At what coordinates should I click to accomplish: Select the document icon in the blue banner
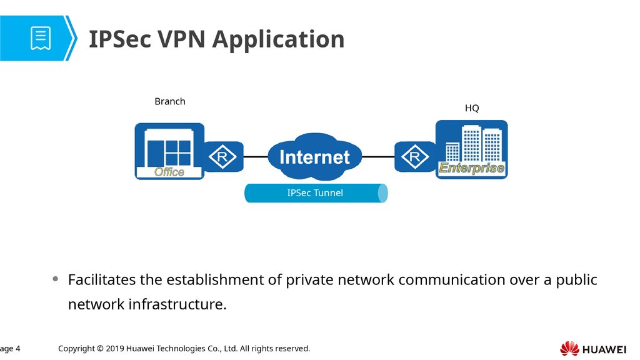(x=41, y=38)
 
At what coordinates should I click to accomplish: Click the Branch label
(x=170, y=101)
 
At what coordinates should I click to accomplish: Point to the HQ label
(x=472, y=108)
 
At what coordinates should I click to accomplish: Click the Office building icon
(x=169, y=151)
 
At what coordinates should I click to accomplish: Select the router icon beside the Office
(x=223, y=157)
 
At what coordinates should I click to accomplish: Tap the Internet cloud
(x=315, y=156)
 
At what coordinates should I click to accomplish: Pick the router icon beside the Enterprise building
(x=415, y=157)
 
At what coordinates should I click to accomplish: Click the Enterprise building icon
(x=472, y=149)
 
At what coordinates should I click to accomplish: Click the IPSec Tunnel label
(x=315, y=193)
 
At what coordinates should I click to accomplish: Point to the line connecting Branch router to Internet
(x=256, y=157)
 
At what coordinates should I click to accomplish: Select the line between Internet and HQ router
(x=378, y=157)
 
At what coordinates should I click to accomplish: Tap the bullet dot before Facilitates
(x=56, y=279)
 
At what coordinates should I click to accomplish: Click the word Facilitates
(x=102, y=280)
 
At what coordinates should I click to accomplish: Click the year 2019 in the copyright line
(x=115, y=349)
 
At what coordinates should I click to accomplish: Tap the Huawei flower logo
(x=569, y=349)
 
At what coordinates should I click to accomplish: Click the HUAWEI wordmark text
(x=604, y=350)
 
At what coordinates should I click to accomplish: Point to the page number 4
(x=17, y=349)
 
